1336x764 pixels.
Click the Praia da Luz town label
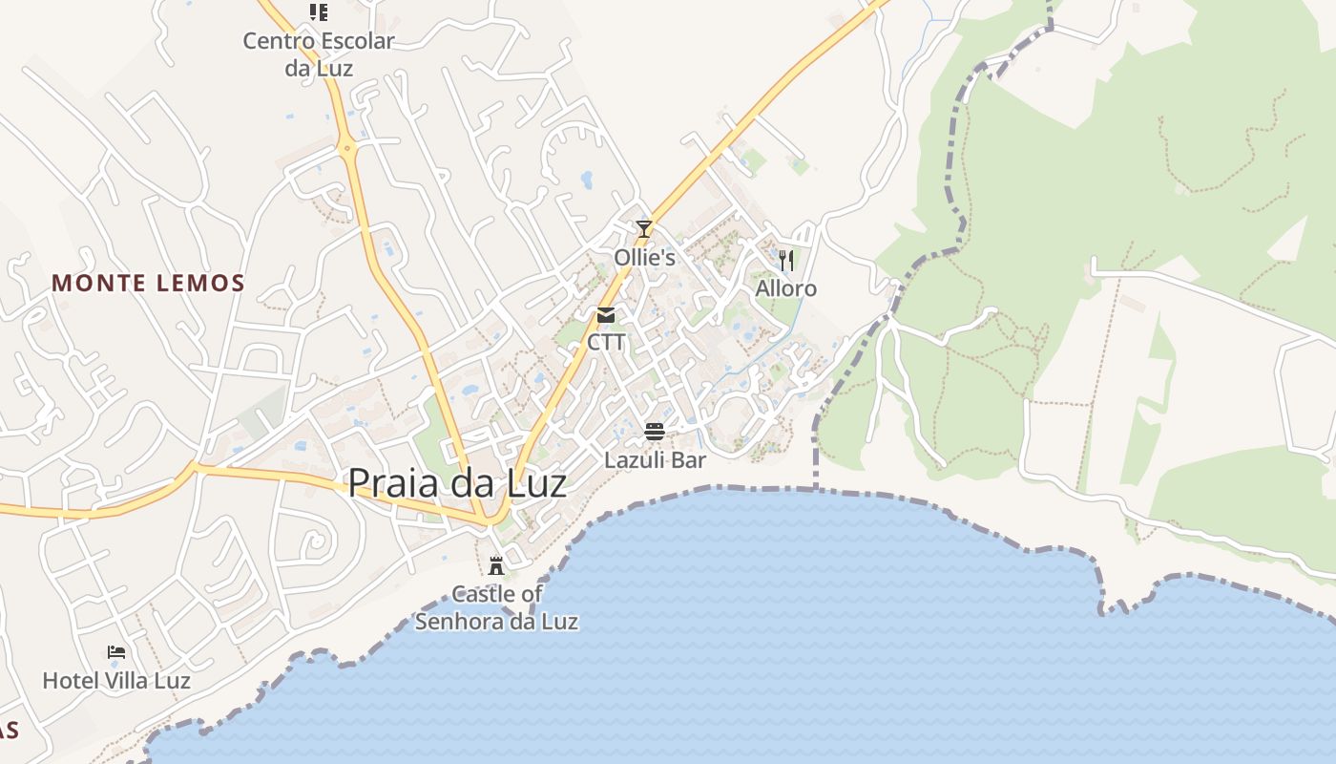[456, 483]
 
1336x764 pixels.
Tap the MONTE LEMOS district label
[148, 284]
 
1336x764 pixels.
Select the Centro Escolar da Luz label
[318, 54]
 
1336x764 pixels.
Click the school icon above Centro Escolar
[319, 12]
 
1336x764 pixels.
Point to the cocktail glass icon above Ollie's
[644, 228]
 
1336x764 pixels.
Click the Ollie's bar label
[644, 258]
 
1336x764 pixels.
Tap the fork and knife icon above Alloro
[786, 260]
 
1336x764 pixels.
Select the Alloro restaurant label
[786, 288]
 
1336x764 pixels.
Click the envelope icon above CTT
[606, 315]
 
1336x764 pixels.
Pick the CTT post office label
[606, 342]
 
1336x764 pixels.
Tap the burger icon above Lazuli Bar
[655, 432]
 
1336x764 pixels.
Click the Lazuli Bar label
[655, 460]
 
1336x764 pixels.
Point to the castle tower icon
[496, 564]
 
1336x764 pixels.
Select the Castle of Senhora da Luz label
[496, 607]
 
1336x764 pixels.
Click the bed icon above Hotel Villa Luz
[116, 652]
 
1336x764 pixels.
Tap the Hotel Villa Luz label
[116, 681]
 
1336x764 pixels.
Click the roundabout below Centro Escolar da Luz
[346, 148]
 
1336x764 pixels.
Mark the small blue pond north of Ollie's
[586, 179]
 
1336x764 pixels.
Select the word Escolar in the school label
[358, 41]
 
